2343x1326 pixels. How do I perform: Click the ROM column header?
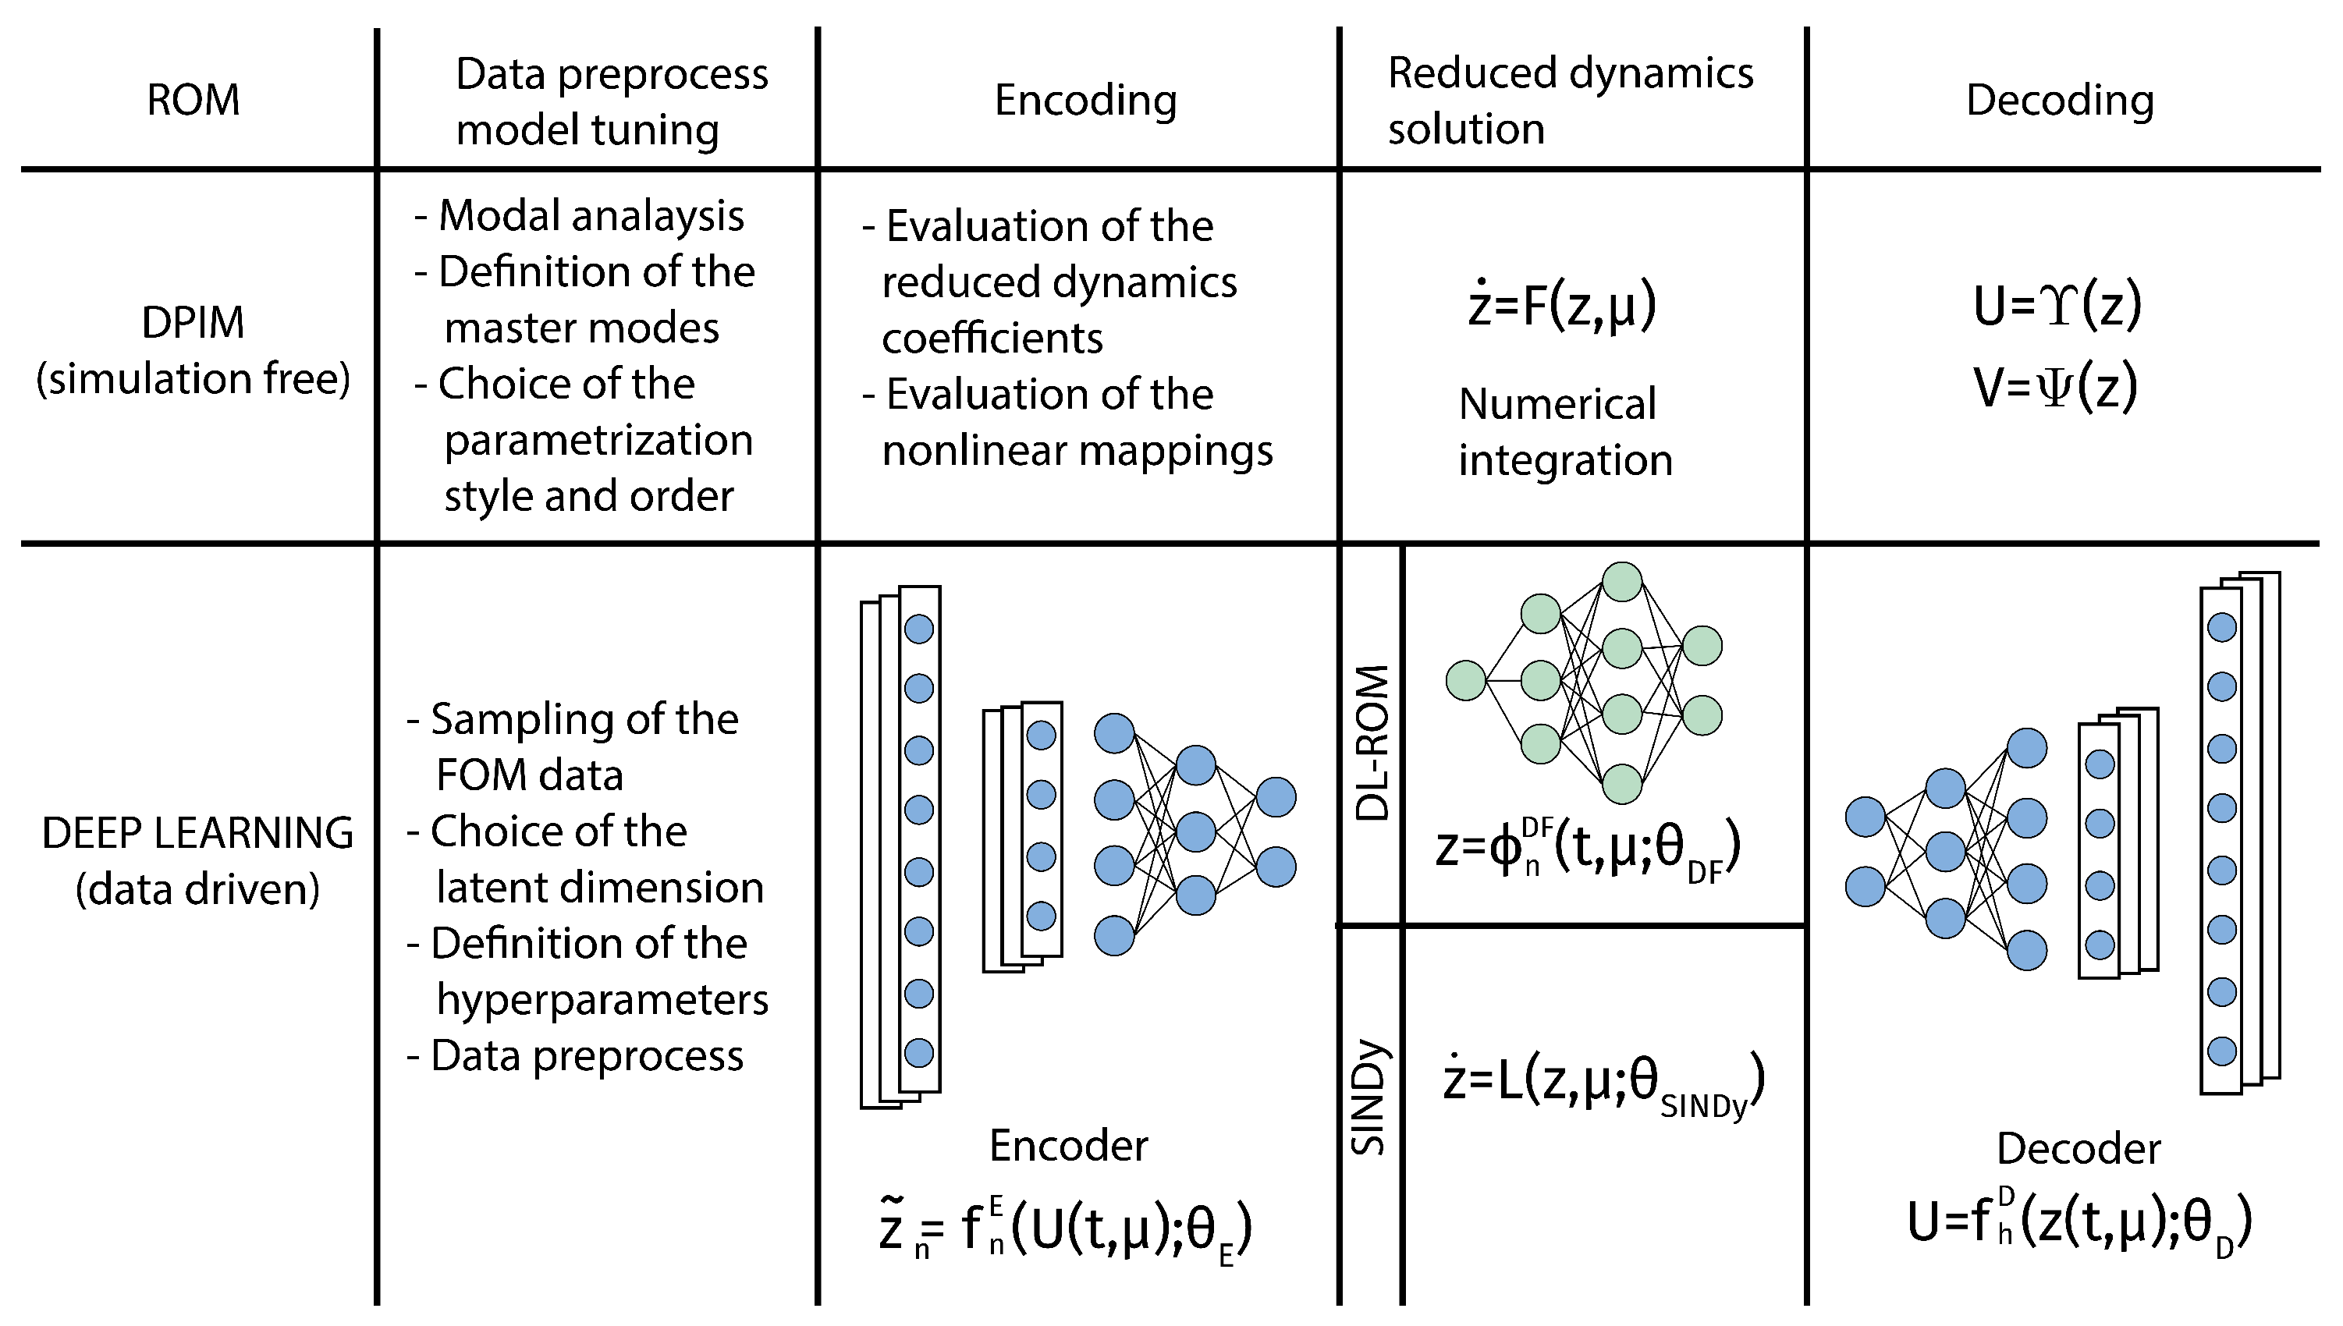pos(193,99)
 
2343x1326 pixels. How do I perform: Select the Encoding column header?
pos(1085,99)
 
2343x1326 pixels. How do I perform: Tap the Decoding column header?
pos(2060,99)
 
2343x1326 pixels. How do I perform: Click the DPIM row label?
pos(193,322)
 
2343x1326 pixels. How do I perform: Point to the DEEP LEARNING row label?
pos(197,833)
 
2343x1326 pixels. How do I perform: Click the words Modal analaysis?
pos(591,216)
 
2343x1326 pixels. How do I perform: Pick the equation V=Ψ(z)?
pos(2054,386)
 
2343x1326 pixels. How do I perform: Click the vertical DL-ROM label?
pos(1372,743)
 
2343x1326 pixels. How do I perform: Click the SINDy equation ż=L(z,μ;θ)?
pos(1603,1081)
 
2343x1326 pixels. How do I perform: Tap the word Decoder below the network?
pos(2078,1148)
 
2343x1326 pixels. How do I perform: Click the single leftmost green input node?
pos(1466,680)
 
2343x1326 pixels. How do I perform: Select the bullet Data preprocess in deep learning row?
pos(586,1056)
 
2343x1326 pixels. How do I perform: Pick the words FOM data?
pos(529,775)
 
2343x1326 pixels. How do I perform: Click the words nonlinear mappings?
pos(1077,451)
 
